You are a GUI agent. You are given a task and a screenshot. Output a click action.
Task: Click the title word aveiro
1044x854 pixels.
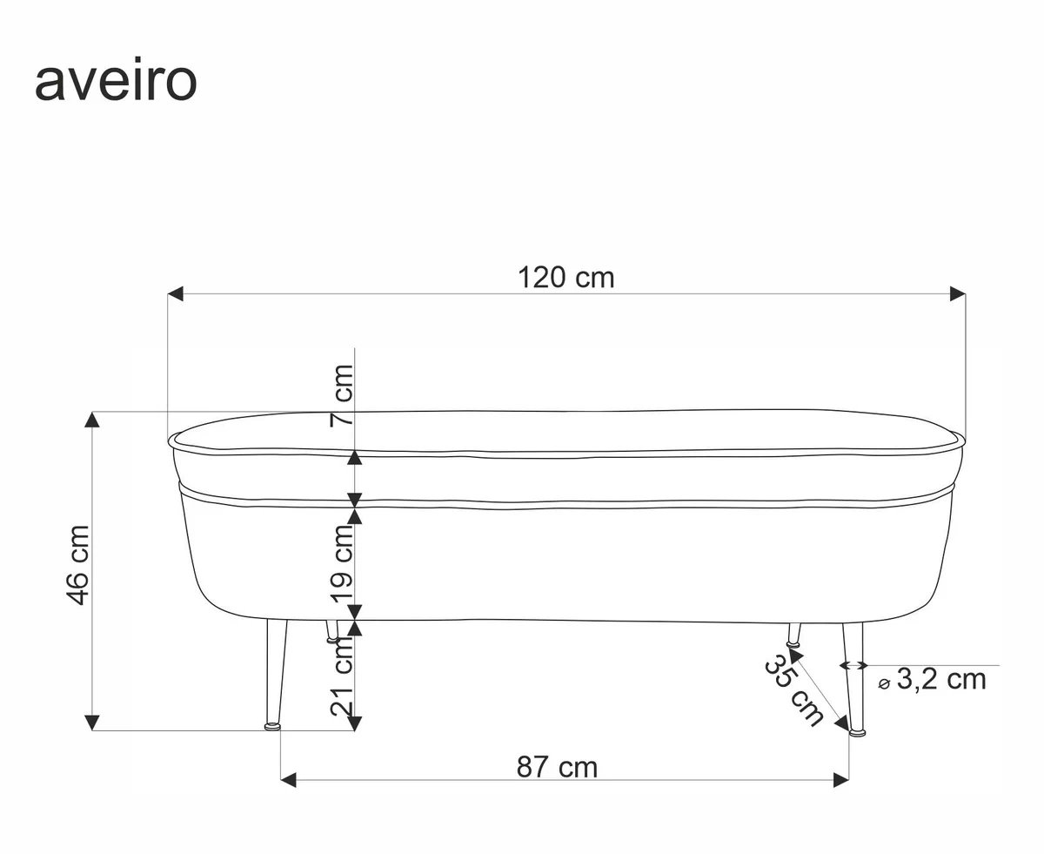[116, 83]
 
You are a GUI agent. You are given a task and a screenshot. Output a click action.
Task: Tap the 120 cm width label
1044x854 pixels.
[566, 278]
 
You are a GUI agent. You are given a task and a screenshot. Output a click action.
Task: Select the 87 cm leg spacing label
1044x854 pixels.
[558, 767]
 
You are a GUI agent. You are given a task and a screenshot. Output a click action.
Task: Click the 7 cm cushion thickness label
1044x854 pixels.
[343, 393]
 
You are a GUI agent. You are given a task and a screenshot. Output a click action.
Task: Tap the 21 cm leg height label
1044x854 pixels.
[343, 676]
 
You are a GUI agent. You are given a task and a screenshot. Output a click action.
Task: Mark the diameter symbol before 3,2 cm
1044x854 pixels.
[884, 683]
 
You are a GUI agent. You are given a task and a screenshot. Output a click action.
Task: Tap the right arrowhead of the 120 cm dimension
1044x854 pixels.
[958, 294]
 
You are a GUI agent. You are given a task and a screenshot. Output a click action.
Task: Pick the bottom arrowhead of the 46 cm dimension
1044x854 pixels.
[92, 722]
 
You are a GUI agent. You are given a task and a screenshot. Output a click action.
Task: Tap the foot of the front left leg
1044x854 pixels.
[273, 725]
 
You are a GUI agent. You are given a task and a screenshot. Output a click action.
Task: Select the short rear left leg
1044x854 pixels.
[331, 632]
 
